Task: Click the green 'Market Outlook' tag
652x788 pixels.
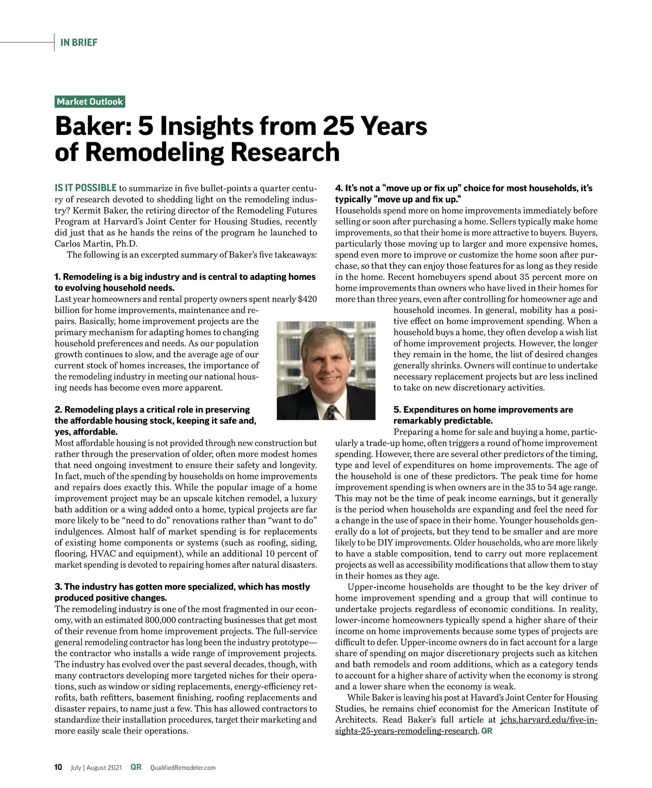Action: tap(90, 102)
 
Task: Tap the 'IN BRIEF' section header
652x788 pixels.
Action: tap(79, 42)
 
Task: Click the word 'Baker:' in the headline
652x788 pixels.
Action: tap(92, 127)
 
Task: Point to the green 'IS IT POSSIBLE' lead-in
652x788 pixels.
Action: tap(86, 188)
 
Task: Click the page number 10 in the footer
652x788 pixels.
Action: tap(59, 767)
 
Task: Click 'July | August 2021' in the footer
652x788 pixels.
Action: tap(97, 768)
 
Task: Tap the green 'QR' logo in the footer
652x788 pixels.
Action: tap(136, 767)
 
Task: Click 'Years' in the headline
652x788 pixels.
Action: tap(392, 127)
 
